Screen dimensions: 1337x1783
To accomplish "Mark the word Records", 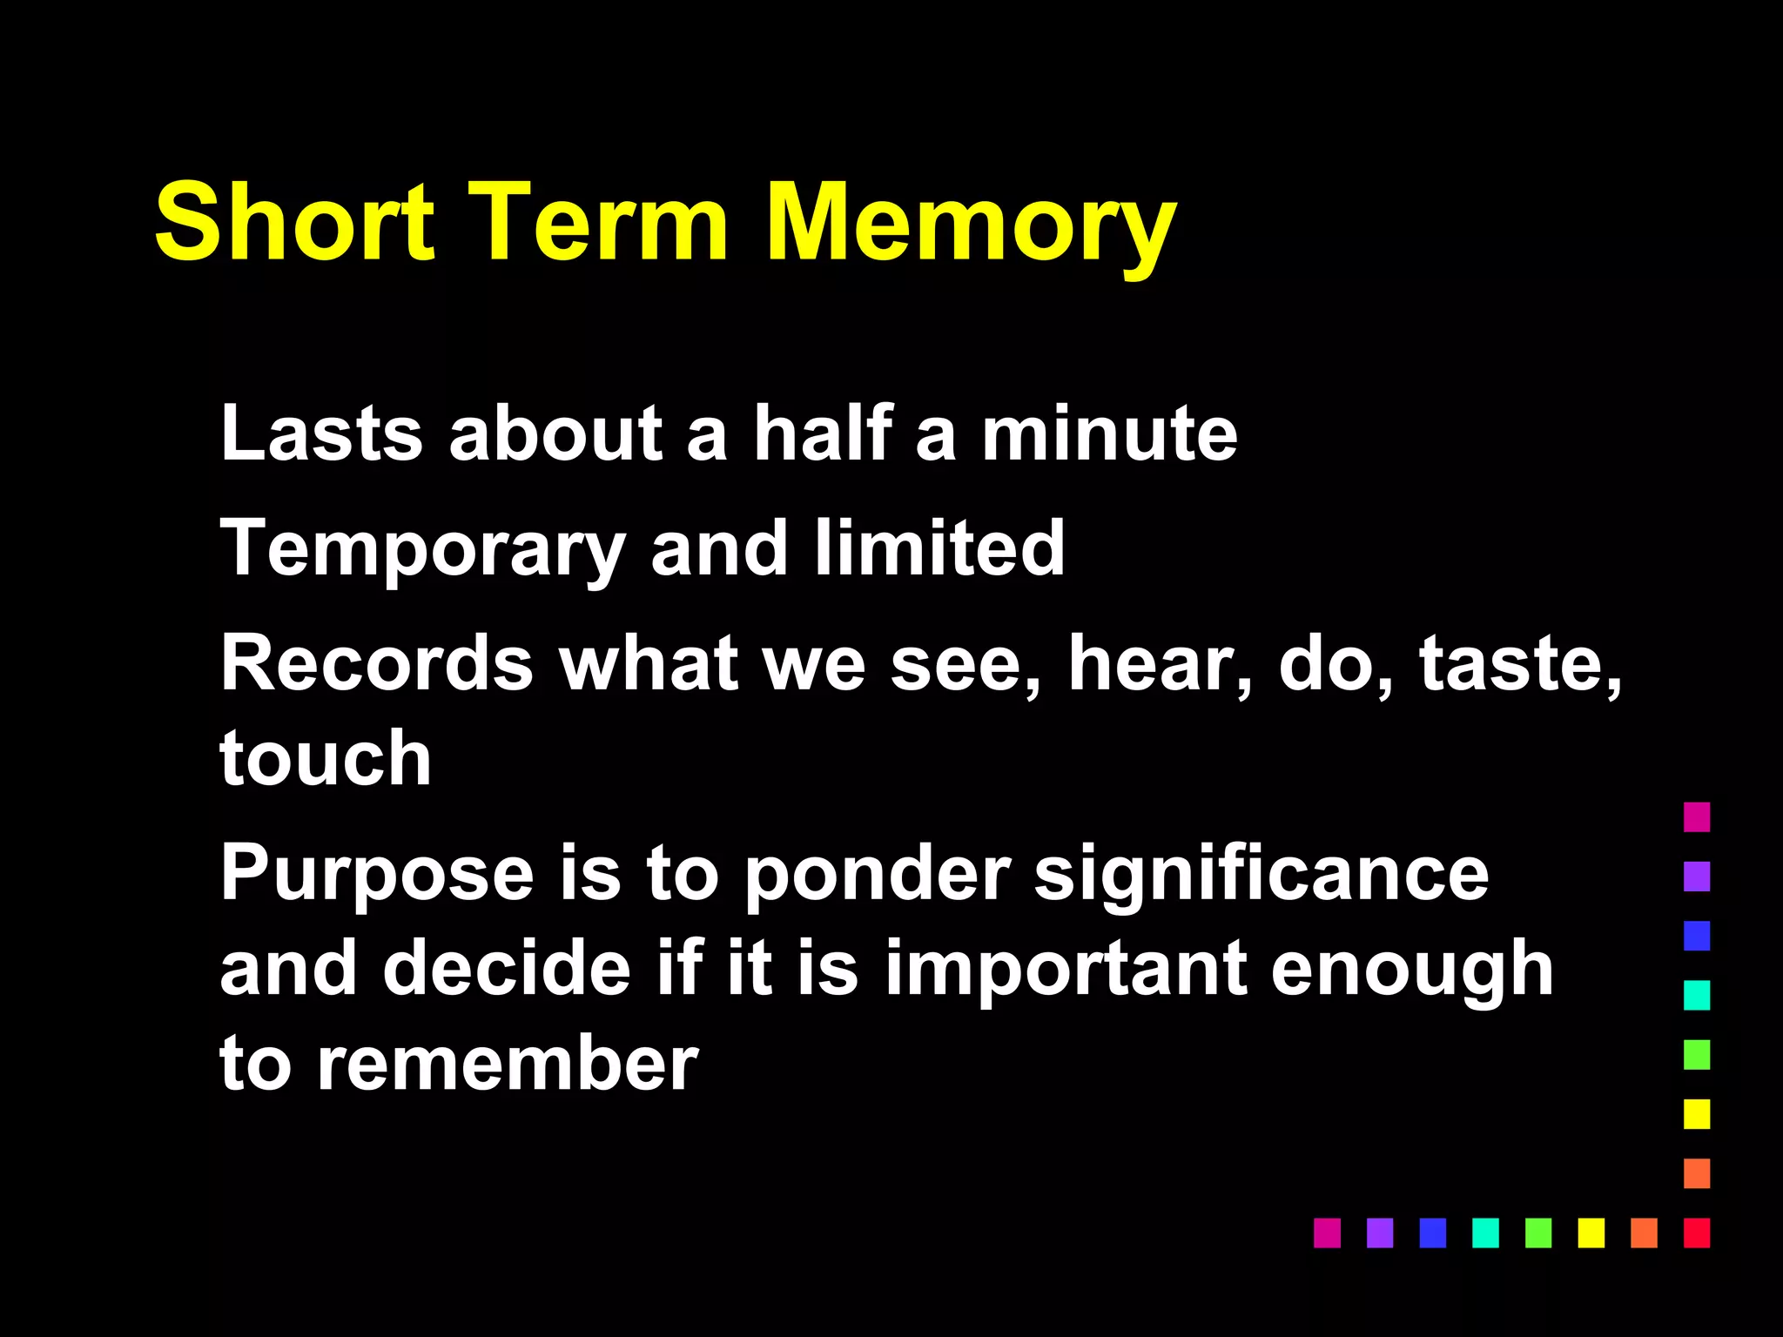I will click(376, 663).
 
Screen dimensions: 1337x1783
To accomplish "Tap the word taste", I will click(1519, 663).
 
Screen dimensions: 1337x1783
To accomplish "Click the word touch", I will click(326, 758).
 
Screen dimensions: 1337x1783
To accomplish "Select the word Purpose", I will click(376, 875).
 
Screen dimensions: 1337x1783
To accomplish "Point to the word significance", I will click(1262, 875).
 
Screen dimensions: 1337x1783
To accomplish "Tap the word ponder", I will click(877, 875).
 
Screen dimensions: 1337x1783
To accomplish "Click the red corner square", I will click(1697, 1233).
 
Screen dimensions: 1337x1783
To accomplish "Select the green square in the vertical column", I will click(1697, 1054).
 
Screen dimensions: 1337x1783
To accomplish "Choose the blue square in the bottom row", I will click(1432, 1233).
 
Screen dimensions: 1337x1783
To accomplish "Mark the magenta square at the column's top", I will click(1697, 816).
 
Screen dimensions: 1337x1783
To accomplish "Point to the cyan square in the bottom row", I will click(1485, 1233).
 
